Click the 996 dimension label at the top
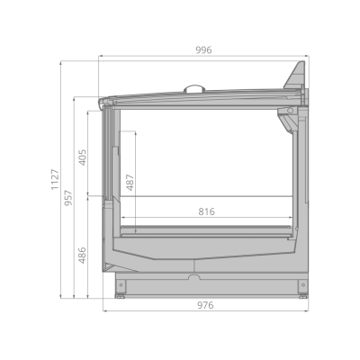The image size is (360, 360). coord(203,49)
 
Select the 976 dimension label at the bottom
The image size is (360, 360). coord(205,305)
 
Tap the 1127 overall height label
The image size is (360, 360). coord(55,179)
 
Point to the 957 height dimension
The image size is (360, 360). coord(68,198)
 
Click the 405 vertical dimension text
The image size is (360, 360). coord(82,157)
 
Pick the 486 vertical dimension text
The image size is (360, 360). coord(82,256)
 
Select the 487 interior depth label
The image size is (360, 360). coord(130,183)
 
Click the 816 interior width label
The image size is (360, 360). coord(207,211)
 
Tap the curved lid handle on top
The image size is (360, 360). coord(194,88)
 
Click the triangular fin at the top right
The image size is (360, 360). coord(296,76)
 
